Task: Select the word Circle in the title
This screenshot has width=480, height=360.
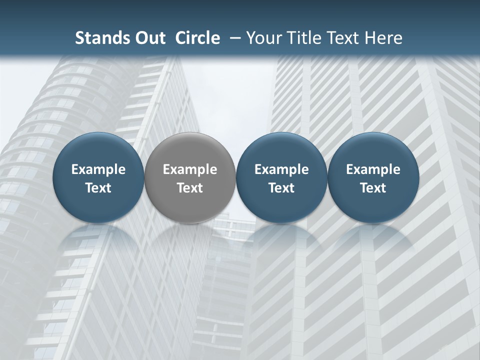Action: tap(197, 38)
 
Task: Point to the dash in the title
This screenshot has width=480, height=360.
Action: tap(233, 38)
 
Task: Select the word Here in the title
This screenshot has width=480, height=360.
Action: tap(384, 38)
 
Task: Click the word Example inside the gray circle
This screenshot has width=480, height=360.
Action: tap(190, 170)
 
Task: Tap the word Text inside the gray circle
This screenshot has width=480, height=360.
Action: tap(190, 188)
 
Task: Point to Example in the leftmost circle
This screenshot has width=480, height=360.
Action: tap(98, 170)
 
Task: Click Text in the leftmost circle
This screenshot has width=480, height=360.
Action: tap(98, 188)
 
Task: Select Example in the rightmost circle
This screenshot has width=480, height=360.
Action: tap(373, 170)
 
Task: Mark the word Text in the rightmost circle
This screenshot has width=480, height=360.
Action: tap(373, 188)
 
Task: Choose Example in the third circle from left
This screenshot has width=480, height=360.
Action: tap(281, 170)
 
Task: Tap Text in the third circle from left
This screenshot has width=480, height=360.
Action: tap(281, 188)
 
